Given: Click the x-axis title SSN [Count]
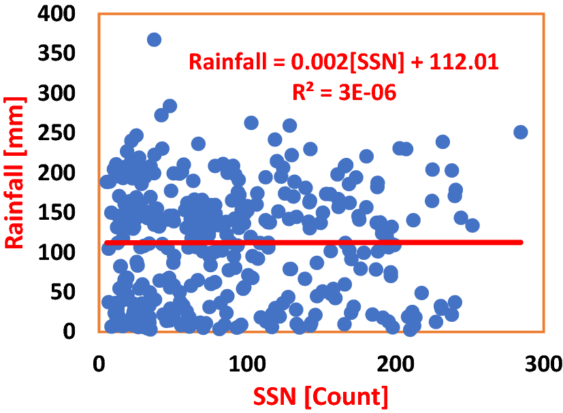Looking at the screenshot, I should coord(321,396).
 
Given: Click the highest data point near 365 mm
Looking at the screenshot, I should coord(154,39).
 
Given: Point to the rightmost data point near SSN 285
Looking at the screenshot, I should coord(521,132).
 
